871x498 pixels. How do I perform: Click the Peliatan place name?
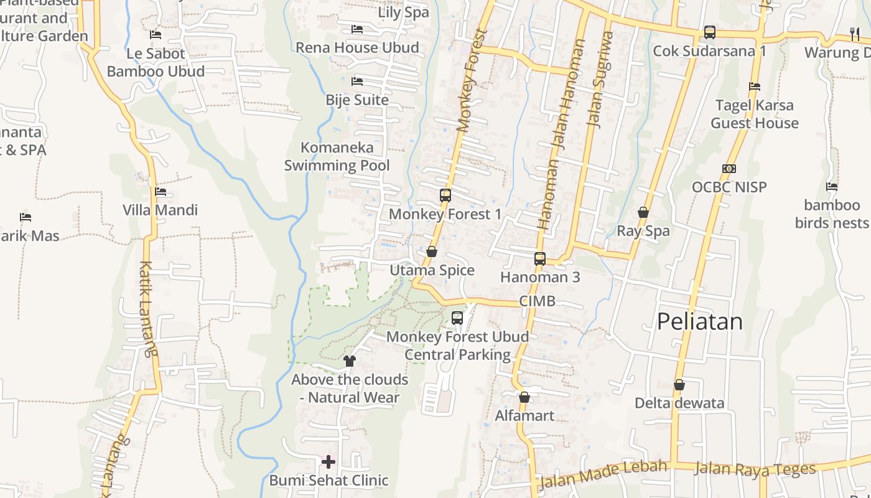click(700, 322)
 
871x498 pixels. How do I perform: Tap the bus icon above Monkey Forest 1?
click(445, 195)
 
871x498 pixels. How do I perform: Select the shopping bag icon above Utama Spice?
click(432, 251)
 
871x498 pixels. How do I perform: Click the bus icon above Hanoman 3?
click(540, 259)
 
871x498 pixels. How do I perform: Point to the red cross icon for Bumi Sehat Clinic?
click(328, 461)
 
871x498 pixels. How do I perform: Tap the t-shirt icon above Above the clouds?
click(349, 360)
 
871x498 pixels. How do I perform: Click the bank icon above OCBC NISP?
click(729, 169)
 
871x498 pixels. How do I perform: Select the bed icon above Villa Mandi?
click(161, 192)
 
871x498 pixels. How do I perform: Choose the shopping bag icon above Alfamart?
click(524, 397)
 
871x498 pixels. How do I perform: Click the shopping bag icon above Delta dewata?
click(679, 385)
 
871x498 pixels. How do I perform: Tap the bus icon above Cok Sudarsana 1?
click(709, 32)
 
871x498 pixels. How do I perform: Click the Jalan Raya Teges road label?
click(755, 469)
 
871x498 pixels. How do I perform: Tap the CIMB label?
click(537, 301)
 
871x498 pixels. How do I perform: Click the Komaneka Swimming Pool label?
click(337, 156)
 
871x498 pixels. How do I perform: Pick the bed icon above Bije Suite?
click(357, 82)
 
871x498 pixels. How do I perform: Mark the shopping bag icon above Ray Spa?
click(643, 213)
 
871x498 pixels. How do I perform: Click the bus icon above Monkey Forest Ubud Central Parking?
click(457, 318)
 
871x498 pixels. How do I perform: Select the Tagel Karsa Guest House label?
click(755, 114)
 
